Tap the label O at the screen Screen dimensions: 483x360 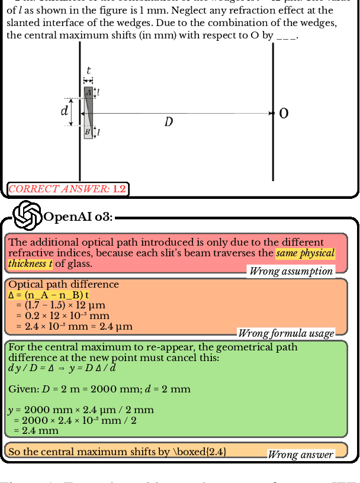click(284, 113)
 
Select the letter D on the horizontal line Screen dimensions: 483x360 click(169, 122)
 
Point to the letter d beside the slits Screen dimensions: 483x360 click(65, 111)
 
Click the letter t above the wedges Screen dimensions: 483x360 click(88, 70)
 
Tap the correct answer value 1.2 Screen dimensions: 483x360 click(119, 189)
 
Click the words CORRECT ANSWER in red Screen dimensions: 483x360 click(59, 189)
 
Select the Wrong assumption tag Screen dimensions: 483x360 click(291, 271)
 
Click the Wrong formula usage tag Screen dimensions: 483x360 click(286, 333)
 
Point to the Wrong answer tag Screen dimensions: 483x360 click(301, 455)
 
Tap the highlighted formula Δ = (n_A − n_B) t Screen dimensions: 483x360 click(49, 295)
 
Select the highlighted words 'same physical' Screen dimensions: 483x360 click(306, 253)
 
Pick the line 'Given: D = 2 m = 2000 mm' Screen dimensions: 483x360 click(99, 389)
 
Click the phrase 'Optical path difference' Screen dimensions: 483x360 click(63, 285)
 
